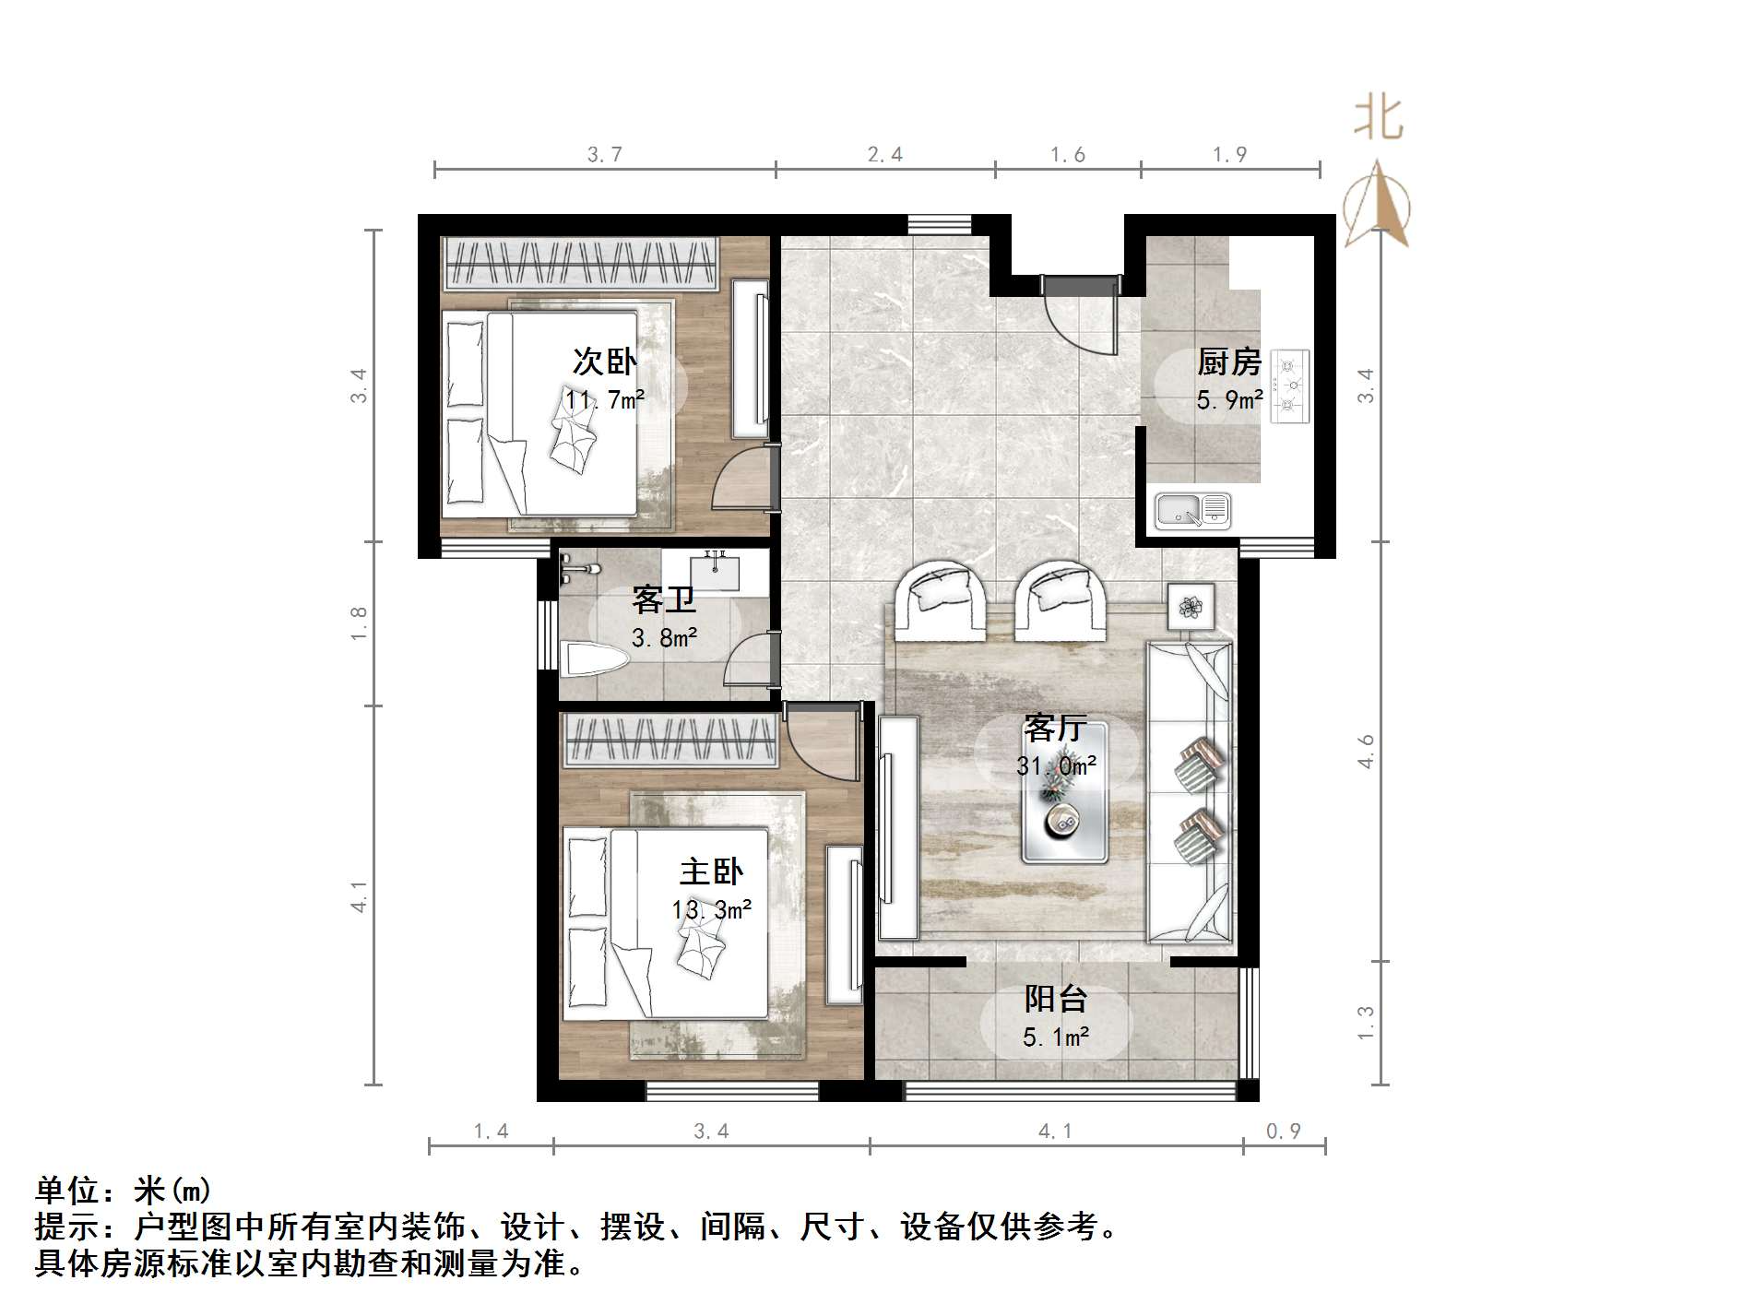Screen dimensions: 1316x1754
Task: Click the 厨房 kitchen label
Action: click(1228, 362)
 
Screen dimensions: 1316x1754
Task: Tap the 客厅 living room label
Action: click(1055, 729)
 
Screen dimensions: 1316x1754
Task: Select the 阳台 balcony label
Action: click(1056, 999)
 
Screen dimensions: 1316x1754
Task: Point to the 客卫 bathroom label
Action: click(663, 600)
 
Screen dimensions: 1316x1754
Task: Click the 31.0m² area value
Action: click(1056, 765)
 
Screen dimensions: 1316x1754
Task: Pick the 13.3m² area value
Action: click(711, 909)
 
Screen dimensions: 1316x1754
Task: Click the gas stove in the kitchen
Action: click(1289, 385)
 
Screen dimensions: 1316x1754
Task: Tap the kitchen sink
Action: click(1193, 511)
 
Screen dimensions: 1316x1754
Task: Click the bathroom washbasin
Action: click(716, 571)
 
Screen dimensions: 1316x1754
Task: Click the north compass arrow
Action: click(1377, 205)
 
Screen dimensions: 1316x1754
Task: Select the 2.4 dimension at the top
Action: click(884, 154)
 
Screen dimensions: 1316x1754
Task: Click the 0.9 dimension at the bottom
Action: click(1283, 1131)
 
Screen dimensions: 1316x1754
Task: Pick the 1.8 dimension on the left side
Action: click(359, 623)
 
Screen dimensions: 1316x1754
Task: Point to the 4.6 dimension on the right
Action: click(1366, 751)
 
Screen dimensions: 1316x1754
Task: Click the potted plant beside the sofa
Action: click(1191, 607)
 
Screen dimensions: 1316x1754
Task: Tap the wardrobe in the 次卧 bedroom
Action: click(579, 264)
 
